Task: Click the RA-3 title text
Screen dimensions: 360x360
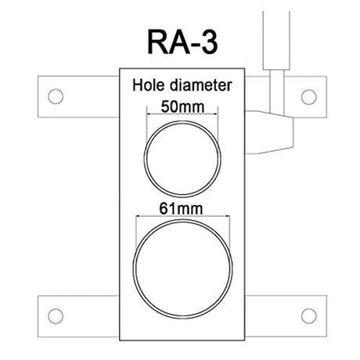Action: [182, 41]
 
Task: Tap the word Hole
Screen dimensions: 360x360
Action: [149, 85]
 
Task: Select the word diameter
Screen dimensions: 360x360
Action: [200, 85]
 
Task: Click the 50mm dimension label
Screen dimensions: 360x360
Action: [182, 106]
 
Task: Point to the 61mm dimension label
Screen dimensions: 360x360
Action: [181, 209]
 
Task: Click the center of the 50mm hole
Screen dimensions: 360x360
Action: [182, 159]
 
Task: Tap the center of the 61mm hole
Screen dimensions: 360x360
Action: [182, 269]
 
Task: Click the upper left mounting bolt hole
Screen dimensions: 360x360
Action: [56, 96]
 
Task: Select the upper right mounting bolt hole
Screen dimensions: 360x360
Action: [308, 97]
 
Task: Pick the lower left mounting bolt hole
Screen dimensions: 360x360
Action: [56, 316]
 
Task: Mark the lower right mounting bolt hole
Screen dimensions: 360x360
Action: [308, 316]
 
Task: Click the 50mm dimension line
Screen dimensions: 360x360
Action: [182, 113]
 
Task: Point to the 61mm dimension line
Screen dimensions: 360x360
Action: [183, 216]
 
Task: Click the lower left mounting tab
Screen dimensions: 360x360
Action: [78, 316]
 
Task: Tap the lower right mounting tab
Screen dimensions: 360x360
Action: [286, 316]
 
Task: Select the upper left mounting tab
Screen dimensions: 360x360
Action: [78, 97]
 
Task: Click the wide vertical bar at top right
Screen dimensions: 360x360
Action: [276, 41]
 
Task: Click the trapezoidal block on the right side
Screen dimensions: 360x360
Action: [269, 132]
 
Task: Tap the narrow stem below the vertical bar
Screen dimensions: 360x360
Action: [277, 92]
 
